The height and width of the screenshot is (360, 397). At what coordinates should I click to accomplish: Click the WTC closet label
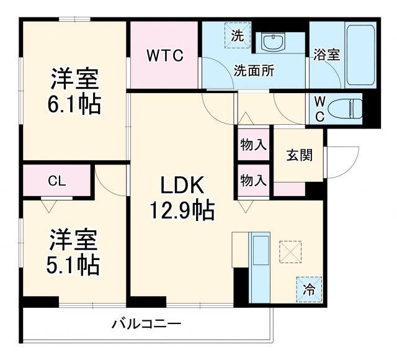[165, 56]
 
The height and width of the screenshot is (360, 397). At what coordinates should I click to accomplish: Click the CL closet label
[58, 181]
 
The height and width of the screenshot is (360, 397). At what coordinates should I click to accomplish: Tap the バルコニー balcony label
[146, 323]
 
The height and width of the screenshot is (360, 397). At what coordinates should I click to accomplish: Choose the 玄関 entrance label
[299, 155]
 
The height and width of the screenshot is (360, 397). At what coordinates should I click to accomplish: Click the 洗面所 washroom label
[254, 70]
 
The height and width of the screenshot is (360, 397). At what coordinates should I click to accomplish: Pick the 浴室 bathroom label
[326, 54]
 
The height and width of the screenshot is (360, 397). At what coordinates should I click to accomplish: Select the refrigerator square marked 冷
[308, 288]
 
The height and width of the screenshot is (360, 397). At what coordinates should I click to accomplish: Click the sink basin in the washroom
[272, 42]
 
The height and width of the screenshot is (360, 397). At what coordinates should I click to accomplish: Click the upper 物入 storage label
[253, 146]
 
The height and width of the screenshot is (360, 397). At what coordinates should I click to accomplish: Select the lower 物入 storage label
[253, 181]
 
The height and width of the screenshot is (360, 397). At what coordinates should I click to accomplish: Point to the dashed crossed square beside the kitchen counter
[289, 251]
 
